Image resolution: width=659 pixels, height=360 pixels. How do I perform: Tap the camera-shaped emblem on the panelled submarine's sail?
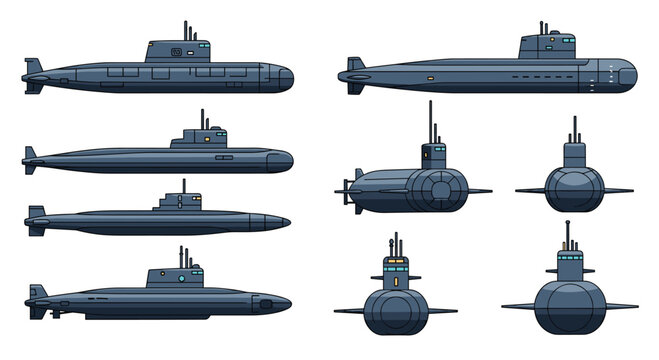click(x=177, y=50)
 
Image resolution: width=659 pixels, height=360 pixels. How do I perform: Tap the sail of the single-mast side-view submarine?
click(x=176, y=202)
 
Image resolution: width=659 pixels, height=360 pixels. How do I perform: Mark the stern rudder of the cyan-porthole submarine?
click(x=36, y=297)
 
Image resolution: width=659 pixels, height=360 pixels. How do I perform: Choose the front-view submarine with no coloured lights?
click(x=574, y=181)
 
